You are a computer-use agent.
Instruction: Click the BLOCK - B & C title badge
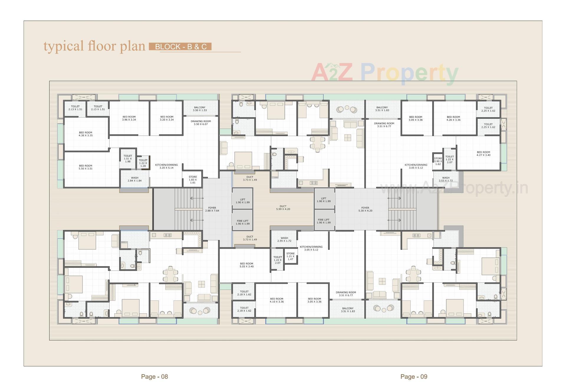pyautogui.click(x=180, y=47)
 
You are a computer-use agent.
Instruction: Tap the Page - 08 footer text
pyautogui.click(x=154, y=376)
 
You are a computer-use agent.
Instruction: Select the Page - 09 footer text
pyautogui.click(x=414, y=376)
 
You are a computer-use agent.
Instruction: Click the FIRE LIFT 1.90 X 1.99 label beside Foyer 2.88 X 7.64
pyautogui.click(x=243, y=222)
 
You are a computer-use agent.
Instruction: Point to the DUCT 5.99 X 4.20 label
pyautogui.click(x=283, y=208)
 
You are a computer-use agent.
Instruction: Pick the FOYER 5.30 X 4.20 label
pyautogui.click(x=365, y=209)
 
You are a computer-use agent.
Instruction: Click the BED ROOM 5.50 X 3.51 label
pyautogui.click(x=85, y=167)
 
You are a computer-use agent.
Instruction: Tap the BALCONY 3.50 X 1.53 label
pyautogui.click(x=200, y=109)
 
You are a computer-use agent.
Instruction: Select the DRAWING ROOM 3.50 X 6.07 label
pyautogui.click(x=201, y=123)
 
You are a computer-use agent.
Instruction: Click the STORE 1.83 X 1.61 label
pyautogui.click(x=193, y=180)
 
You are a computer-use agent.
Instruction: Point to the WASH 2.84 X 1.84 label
pyautogui.click(x=135, y=179)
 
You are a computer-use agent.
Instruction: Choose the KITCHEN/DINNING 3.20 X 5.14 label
pyautogui.click(x=167, y=166)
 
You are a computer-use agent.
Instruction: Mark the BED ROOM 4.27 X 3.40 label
pyautogui.click(x=483, y=154)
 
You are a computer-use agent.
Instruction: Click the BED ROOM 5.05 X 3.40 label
pyautogui.click(x=246, y=265)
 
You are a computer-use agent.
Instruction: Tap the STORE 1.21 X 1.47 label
pyautogui.click(x=290, y=256)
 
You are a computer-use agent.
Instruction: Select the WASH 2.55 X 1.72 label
pyautogui.click(x=284, y=239)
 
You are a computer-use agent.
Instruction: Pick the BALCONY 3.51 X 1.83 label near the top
pyautogui.click(x=382, y=109)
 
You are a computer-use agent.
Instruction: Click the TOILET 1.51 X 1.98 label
pyautogui.click(x=128, y=158)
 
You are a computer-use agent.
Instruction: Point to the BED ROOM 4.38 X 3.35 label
pyautogui.click(x=85, y=134)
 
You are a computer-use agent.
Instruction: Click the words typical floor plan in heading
pyautogui.click(x=94, y=46)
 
